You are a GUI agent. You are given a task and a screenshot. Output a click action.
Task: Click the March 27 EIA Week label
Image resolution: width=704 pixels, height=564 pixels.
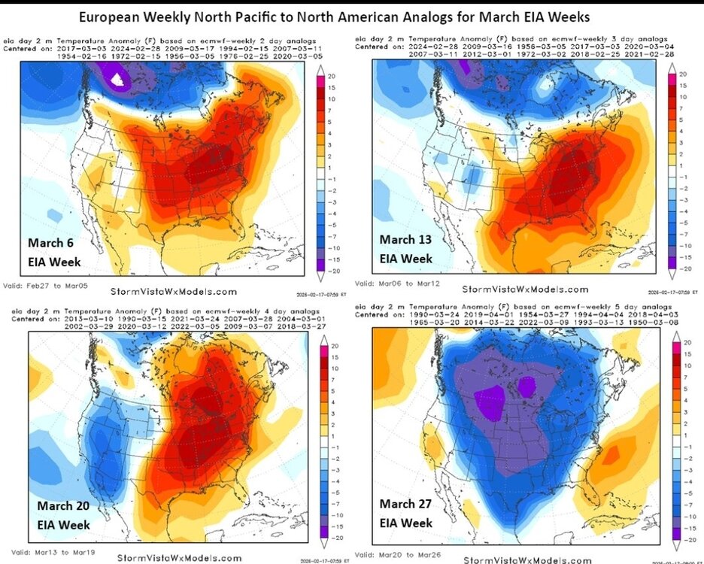tap(406, 513)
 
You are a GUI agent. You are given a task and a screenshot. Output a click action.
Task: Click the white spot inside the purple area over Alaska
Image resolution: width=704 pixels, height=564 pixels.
tap(116, 77)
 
